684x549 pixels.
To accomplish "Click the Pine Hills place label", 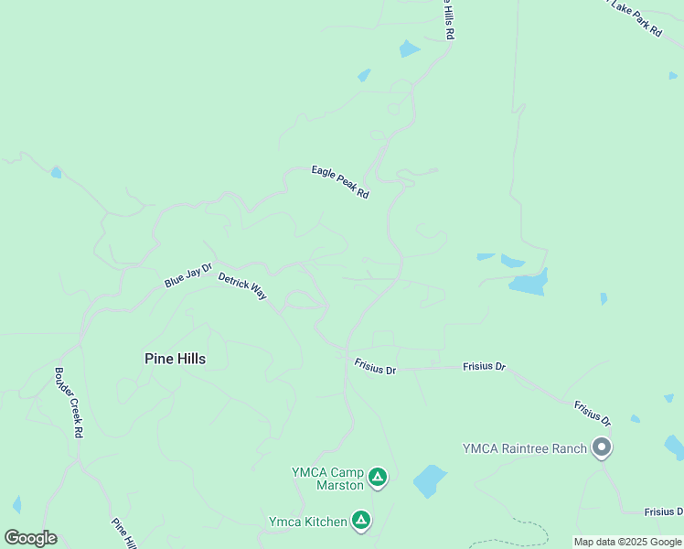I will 175,359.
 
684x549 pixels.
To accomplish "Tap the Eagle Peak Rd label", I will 339,182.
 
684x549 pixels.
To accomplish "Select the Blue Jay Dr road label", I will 187,275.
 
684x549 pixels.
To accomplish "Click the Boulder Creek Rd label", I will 69,404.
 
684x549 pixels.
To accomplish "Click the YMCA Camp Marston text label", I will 327,479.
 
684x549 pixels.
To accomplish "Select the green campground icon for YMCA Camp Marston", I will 378,477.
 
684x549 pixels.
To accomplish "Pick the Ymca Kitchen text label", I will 307,522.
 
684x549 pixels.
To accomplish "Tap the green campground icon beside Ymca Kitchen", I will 361,521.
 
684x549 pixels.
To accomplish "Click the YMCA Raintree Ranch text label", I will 525,448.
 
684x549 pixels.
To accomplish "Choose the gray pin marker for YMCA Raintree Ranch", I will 602,448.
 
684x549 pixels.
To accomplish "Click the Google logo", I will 30,538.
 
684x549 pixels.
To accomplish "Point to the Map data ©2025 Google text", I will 628,542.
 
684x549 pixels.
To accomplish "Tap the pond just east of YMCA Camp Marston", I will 429,480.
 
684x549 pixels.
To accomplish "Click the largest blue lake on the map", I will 529,283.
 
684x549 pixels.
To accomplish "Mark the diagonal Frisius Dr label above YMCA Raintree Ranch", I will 593,413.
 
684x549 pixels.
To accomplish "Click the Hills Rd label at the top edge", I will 449,18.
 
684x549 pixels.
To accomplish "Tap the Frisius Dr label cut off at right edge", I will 663,511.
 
